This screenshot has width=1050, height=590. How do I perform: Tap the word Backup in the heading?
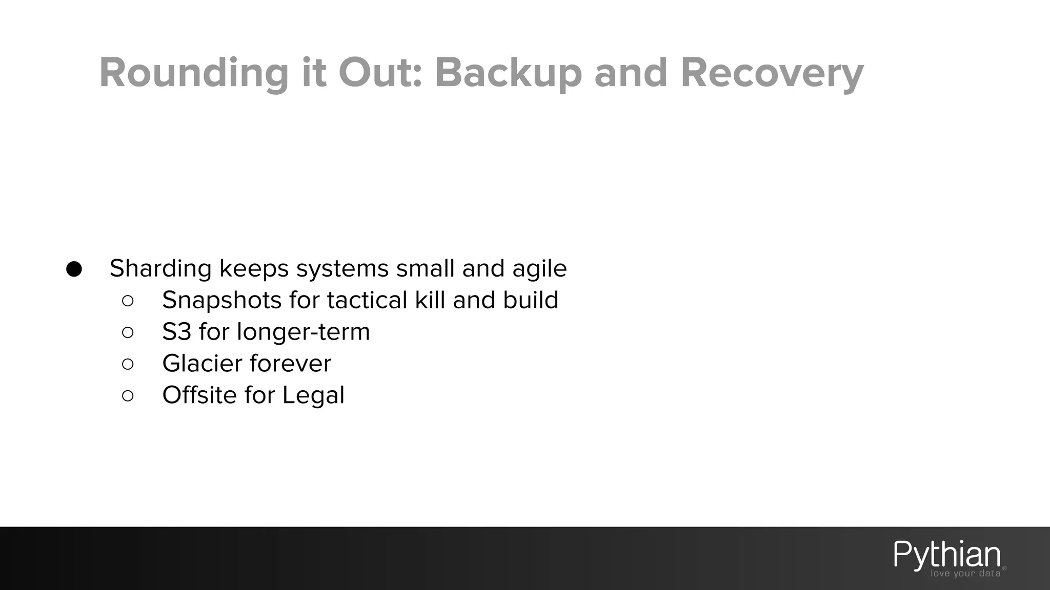click(x=508, y=73)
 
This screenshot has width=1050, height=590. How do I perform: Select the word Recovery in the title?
click(x=772, y=73)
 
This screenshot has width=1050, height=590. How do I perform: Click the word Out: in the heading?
click(x=380, y=73)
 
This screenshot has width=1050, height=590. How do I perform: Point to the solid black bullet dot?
click(x=74, y=269)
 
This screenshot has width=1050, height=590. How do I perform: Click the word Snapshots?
click(x=221, y=300)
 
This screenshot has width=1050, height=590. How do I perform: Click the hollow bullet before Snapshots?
click(x=128, y=301)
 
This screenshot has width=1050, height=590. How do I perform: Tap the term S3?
click(x=176, y=332)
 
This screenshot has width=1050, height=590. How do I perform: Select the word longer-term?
click(x=303, y=332)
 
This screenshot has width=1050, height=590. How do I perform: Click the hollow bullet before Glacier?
click(x=128, y=364)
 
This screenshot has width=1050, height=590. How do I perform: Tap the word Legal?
click(x=313, y=395)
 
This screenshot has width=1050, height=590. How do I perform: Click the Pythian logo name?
click(x=947, y=555)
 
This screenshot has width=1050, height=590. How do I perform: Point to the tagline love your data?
click(x=965, y=574)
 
